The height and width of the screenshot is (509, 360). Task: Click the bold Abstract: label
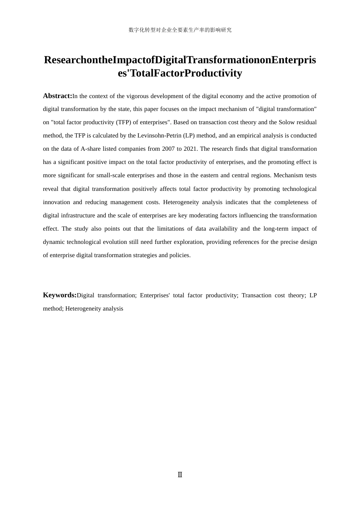click(58, 96)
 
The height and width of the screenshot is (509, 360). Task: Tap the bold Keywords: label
click(60, 295)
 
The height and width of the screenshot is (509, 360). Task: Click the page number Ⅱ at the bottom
click(180, 475)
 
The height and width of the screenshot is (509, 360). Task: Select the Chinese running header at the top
click(180, 30)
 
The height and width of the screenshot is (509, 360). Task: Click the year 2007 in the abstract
click(169, 149)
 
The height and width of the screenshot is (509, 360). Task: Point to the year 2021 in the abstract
click(191, 149)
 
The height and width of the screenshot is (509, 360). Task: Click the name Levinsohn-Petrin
click(159, 136)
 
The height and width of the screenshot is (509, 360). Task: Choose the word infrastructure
click(75, 215)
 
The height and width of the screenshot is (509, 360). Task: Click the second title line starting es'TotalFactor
click(180, 73)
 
